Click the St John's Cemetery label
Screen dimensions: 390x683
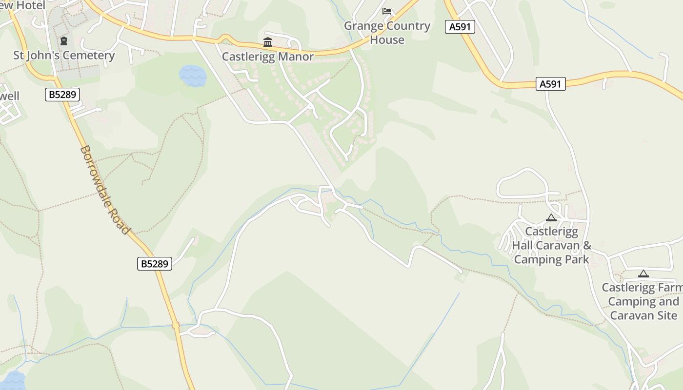pos(64,55)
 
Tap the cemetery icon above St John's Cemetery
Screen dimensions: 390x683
pos(63,41)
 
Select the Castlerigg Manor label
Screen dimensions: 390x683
pos(268,57)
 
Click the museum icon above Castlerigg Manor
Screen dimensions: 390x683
pos(267,42)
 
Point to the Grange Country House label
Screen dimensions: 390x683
pos(387,33)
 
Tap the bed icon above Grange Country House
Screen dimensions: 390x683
pos(387,11)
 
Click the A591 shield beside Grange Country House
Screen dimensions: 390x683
pos(460,27)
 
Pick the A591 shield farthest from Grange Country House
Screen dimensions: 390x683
pos(550,84)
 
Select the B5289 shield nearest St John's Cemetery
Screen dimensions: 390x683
pos(62,94)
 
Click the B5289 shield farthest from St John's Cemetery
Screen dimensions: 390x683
pos(154,264)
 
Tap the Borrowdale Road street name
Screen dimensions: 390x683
pos(105,190)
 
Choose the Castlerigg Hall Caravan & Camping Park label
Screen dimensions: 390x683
pos(552,245)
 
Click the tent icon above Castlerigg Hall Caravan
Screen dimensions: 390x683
pos(551,218)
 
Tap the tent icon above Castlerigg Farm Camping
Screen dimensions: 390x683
pos(643,274)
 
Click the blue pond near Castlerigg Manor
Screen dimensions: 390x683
pos(193,76)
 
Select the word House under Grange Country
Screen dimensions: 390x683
pos(387,40)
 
